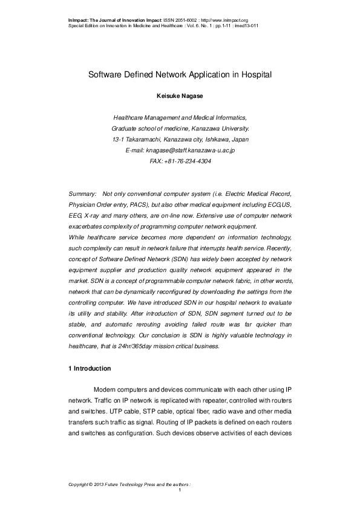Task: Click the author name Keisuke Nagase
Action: point(180,95)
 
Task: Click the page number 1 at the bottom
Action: point(180,489)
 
